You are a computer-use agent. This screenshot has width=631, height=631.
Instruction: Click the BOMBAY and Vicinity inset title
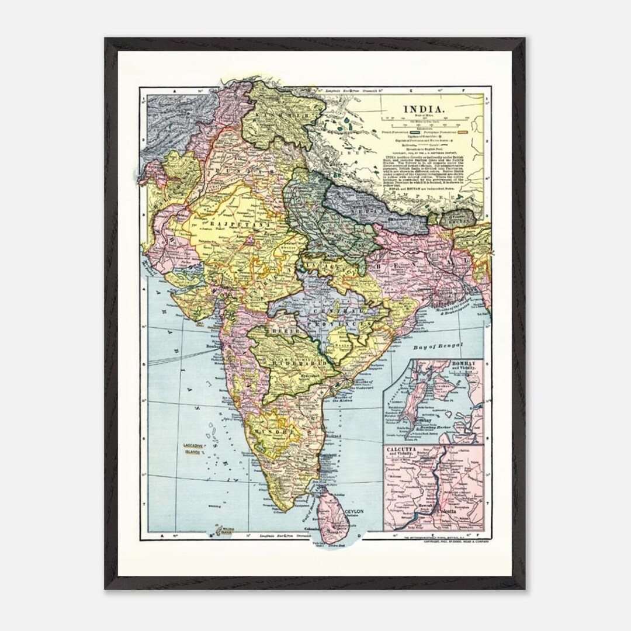point(465,366)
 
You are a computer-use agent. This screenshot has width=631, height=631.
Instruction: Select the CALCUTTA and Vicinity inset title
point(404,453)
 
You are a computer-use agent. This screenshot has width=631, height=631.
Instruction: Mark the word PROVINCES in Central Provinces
point(351,323)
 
